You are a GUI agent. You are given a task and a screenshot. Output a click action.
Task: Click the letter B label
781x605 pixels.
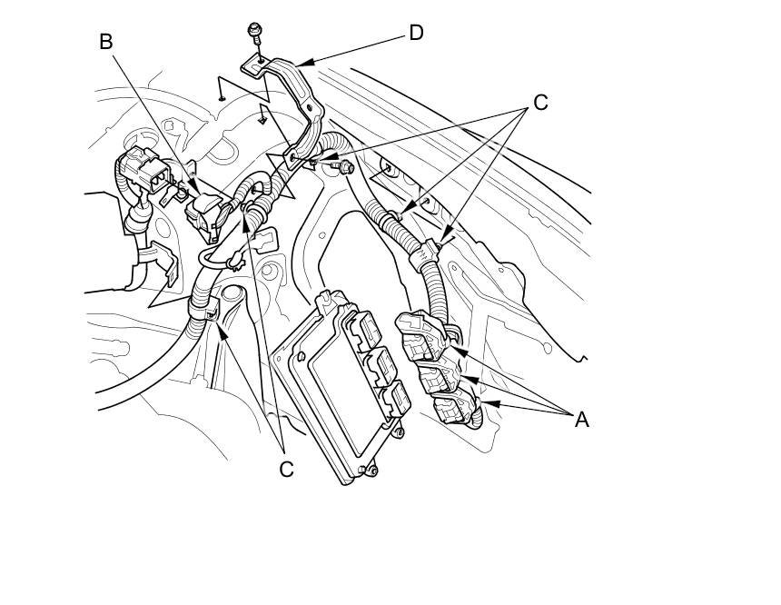pyautogui.click(x=105, y=42)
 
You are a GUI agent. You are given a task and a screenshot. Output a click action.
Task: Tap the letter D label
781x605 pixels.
pyautogui.click(x=416, y=33)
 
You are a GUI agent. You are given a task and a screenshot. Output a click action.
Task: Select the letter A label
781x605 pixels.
pyautogui.click(x=581, y=420)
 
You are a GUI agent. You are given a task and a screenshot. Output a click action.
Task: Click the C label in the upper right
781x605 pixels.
pyautogui.click(x=540, y=102)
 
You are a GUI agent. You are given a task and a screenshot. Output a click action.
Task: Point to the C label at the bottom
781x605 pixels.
pyautogui.click(x=286, y=469)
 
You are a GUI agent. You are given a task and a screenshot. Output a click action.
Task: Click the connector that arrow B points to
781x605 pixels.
pyautogui.click(x=203, y=213)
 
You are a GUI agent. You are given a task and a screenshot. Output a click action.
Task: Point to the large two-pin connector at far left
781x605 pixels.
pyautogui.click(x=145, y=170)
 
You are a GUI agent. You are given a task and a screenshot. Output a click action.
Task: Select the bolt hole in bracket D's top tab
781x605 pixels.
pyautogui.click(x=260, y=61)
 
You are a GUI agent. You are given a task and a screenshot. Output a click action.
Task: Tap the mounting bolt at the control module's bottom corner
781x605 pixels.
pyautogui.click(x=372, y=471)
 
